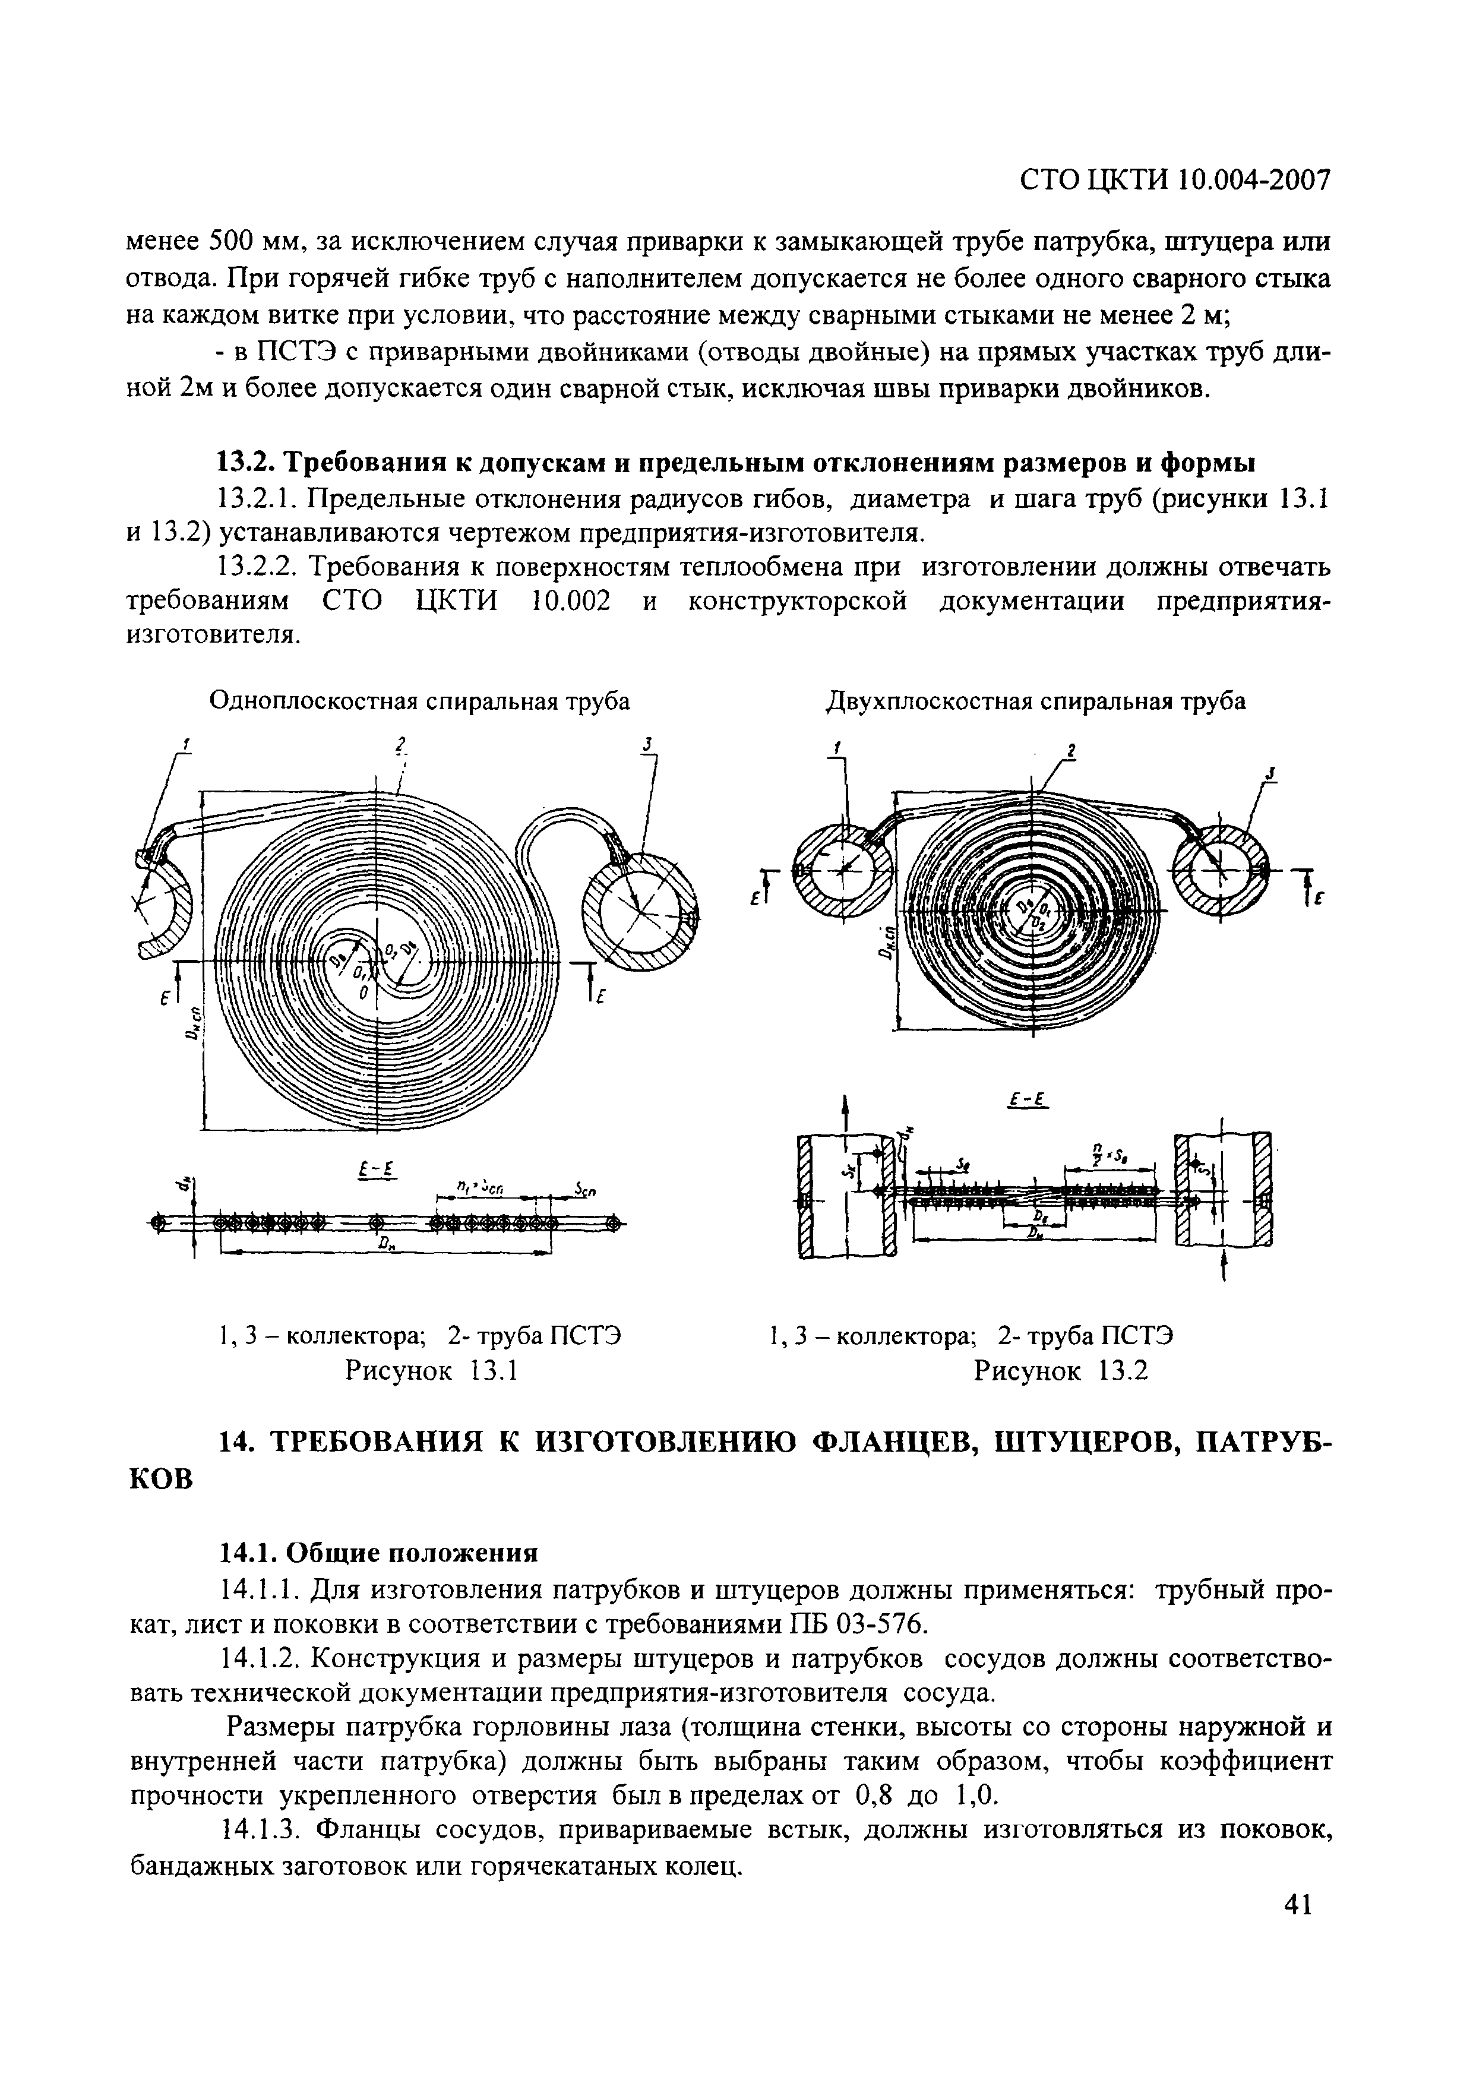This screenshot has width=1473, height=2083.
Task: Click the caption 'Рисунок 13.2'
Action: click(x=1060, y=1370)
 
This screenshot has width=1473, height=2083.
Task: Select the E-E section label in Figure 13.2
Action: click(x=1028, y=1101)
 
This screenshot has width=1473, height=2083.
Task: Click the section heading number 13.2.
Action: click(x=246, y=462)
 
